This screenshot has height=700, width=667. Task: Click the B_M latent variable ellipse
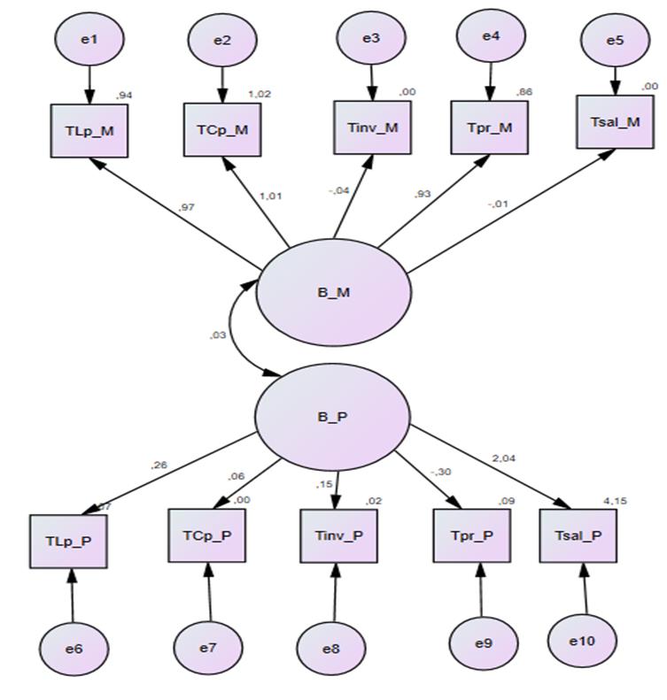coord(334,292)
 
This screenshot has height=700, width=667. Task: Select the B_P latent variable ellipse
coord(332,416)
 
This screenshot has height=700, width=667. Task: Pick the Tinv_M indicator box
coord(372,127)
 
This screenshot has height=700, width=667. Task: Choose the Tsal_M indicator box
coord(615,122)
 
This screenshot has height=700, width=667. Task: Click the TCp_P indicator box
coord(208,535)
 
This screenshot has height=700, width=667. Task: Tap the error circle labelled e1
coord(89,40)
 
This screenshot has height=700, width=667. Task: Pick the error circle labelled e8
coord(330,648)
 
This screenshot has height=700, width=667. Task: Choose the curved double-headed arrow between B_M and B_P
coord(235,335)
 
